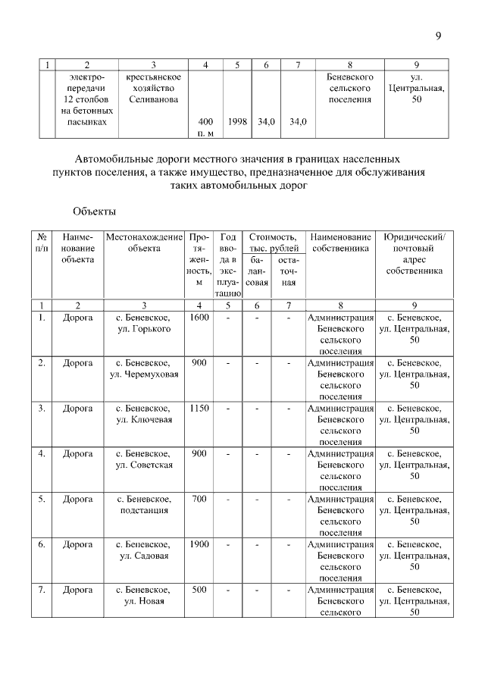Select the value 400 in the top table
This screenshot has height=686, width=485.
[x=205, y=121]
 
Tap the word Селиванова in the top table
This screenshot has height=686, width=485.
[x=153, y=99]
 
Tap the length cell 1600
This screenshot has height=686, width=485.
[x=199, y=318]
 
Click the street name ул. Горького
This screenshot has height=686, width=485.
[x=144, y=329]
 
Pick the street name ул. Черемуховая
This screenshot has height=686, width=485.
[x=144, y=374]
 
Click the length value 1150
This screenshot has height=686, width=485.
[x=199, y=408]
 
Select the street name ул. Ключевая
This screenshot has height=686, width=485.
[x=144, y=419]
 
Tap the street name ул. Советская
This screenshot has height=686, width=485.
[x=144, y=465]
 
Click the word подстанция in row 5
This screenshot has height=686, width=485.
[x=144, y=510]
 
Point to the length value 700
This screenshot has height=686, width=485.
[x=199, y=499]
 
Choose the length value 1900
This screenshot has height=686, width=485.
[x=199, y=544]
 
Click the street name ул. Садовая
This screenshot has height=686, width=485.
[x=144, y=556]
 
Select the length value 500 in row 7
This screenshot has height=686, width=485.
[x=199, y=590]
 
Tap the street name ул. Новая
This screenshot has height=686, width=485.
[x=144, y=601]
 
